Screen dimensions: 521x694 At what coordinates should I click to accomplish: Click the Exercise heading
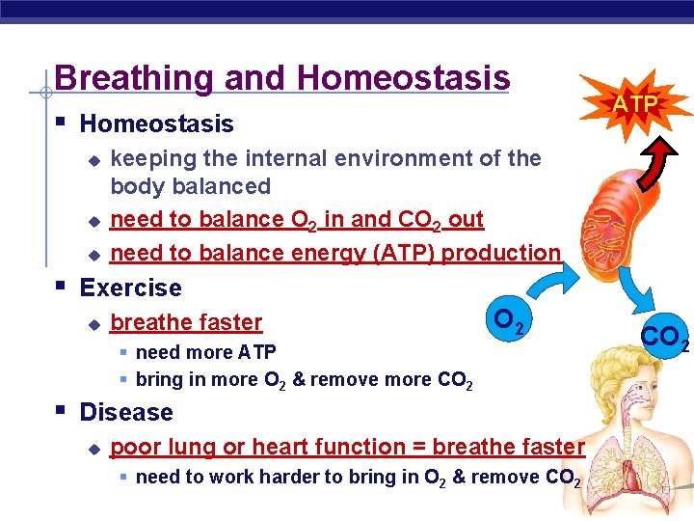coord(130,288)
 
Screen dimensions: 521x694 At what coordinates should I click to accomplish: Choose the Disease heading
coord(126,412)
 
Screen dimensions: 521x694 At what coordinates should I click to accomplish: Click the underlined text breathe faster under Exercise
coord(186,322)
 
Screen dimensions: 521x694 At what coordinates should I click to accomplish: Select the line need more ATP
coord(205,352)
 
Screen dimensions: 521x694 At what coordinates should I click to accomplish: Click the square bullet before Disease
coord(61,411)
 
